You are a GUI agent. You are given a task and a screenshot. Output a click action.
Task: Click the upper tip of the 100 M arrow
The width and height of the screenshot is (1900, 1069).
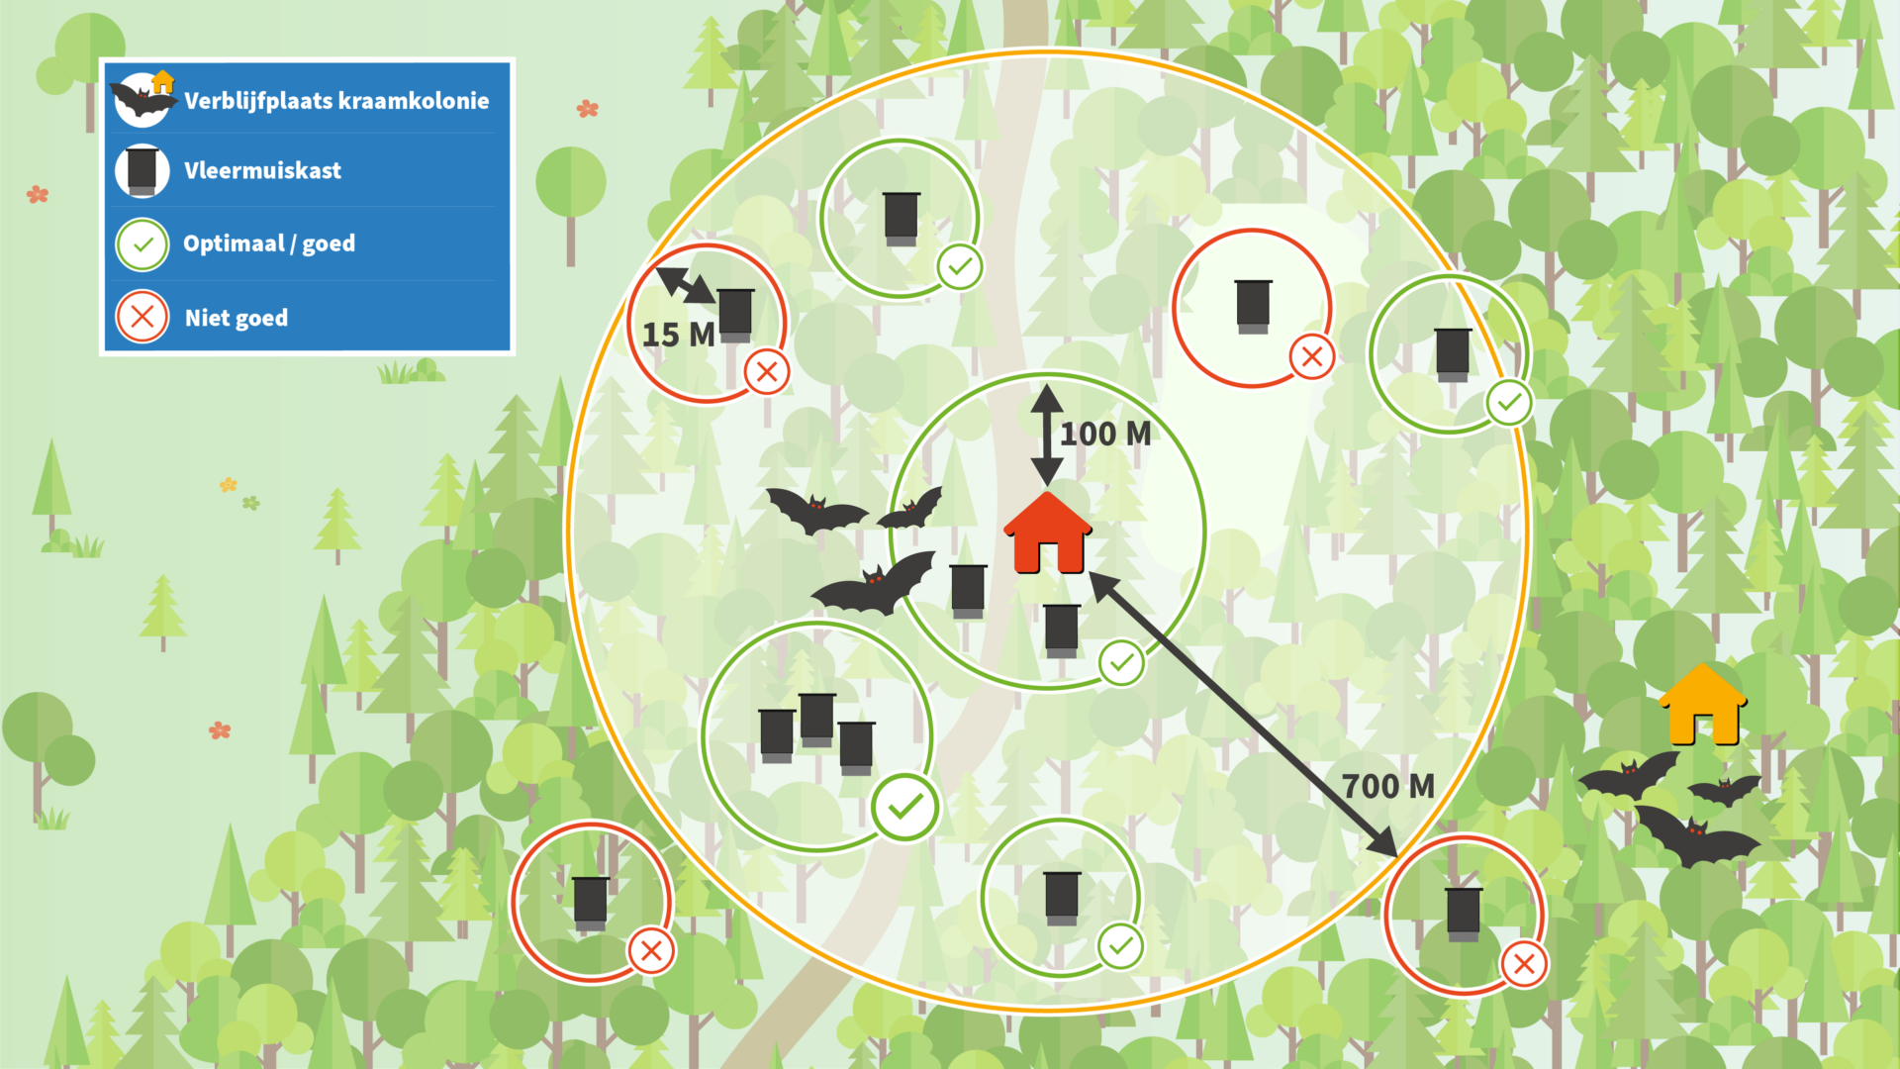(1047, 384)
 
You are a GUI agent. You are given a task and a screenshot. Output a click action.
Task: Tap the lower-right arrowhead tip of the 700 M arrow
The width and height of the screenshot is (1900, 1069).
(1397, 857)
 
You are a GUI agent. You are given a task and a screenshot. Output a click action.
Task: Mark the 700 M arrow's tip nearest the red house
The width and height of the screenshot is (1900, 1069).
(1090, 572)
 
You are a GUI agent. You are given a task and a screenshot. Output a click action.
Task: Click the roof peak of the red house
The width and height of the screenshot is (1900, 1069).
(1047, 493)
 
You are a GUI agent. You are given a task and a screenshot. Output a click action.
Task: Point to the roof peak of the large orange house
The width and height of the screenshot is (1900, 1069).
(1703, 664)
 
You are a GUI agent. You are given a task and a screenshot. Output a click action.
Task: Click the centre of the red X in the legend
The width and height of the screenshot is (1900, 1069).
(142, 317)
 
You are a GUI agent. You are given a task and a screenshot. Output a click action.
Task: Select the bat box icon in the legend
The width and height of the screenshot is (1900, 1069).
(142, 170)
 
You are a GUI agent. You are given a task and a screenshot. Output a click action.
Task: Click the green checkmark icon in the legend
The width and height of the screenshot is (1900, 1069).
(142, 243)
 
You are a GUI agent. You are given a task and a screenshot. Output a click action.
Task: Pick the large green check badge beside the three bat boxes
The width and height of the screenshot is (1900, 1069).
(905, 808)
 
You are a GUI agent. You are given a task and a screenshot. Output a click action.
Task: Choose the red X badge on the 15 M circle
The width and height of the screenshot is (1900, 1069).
(767, 372)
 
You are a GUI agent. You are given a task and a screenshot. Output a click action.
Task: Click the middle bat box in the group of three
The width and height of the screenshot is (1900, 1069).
(817, 720)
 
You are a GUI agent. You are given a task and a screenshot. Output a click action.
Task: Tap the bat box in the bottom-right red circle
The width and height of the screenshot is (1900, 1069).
(1464, 914)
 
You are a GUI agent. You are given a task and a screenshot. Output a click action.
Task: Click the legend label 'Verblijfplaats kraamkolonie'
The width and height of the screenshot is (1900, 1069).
(336, 101)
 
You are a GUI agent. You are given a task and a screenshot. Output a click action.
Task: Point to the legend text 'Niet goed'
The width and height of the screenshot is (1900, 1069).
(237, 318)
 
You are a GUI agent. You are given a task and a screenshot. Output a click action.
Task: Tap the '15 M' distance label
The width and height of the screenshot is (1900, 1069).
(679, 335)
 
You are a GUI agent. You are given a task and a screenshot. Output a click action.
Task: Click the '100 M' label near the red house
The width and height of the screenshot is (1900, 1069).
(1105, 434)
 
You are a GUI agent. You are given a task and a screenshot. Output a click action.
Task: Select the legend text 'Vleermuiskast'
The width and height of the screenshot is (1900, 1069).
(262, 170)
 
